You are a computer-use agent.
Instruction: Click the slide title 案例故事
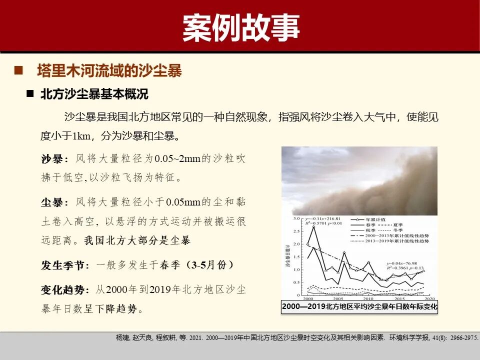pos(240,27)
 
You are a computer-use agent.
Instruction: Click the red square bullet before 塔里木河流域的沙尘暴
pos(19,70)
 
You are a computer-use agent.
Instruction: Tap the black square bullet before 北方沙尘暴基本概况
pos(30,93)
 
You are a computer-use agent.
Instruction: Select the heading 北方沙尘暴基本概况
pos(94,94)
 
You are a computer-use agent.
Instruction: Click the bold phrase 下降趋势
pos(116,309)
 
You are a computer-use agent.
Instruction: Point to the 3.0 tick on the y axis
pos(295,219)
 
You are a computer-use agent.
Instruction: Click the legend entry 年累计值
pos(372,219)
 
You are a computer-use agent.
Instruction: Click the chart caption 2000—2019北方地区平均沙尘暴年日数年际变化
pos(359,306)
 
